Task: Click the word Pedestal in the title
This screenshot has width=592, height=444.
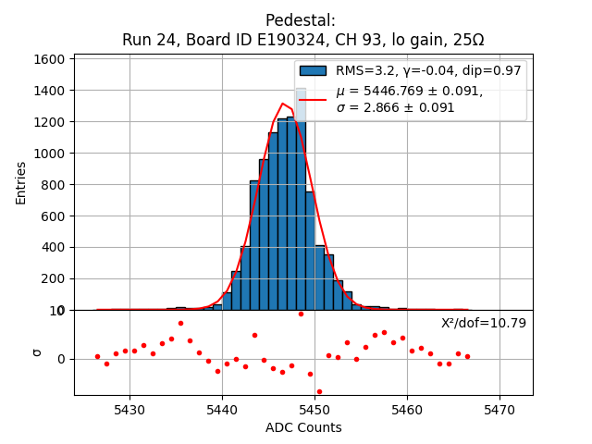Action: click(301, 20)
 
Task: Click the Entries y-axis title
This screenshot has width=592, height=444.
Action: click(21, 182)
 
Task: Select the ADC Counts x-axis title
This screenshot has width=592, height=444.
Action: click(303, 427)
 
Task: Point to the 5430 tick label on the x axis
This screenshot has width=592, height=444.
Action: click(129, 409)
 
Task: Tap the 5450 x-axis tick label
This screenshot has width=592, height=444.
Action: click(315, 409)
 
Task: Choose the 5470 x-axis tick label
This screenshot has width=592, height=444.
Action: click(500, 409)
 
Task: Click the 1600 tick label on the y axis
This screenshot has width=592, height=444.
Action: click(48, 59)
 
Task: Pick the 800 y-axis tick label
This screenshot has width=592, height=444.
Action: click(52, 185)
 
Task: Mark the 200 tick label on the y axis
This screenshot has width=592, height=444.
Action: click(52, 278)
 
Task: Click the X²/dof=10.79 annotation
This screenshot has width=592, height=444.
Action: click(484, 323)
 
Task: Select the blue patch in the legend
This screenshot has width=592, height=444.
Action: click(313, 71)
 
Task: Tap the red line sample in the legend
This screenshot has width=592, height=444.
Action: click(313, 99)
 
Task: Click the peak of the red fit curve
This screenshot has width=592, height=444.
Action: click(282, 104)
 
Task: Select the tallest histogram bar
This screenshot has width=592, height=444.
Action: click(301, 199)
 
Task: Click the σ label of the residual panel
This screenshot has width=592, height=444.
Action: click(37, 352)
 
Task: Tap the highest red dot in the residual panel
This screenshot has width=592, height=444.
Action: click(301, 314)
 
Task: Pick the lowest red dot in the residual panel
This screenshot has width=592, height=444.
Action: click(319, 391)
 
